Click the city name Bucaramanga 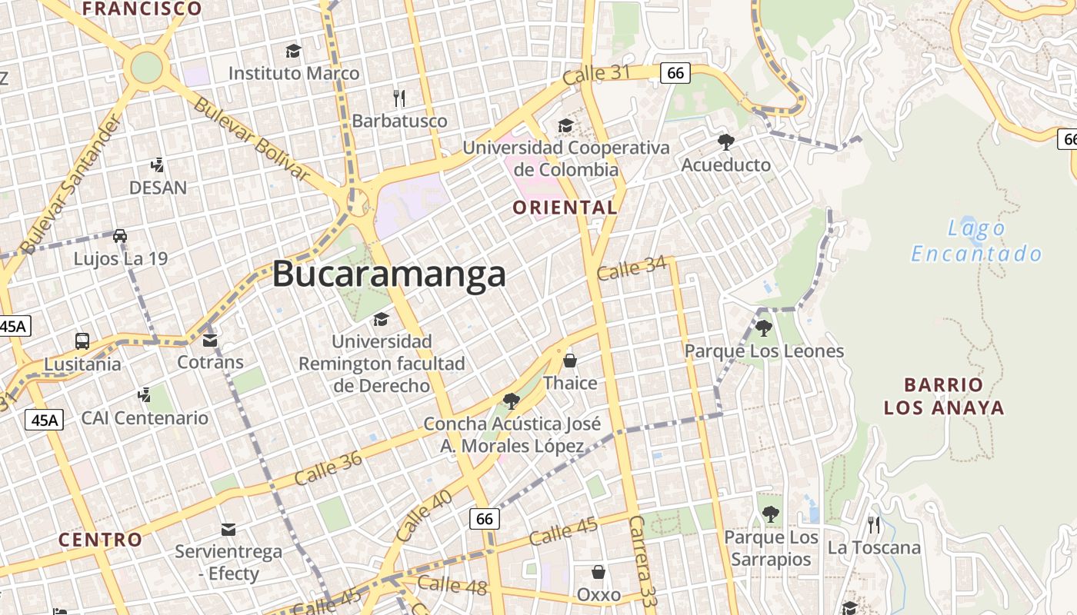click(x=389, y=274)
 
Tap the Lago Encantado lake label click(x=976, y=241)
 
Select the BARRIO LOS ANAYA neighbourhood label click(x=944, y=396)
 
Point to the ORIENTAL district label click(x=565, y=208)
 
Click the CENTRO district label click(x=101, y=540)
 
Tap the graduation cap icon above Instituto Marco click(x=293, y=52)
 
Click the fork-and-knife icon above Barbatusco click(x=398, y=98)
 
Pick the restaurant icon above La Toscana click(x=874, y=525)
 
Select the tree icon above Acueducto click(x=725, y=142)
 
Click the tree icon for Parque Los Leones click(x=763, y=329)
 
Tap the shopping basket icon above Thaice click(x=570, y=360)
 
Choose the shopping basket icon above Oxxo click(x=598, y=572)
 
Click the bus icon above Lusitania click(x=82, y=341)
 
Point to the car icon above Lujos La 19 click(x=120, y=236)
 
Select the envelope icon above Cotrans click(x=210, y=340)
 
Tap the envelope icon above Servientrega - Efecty click(x=228, y=529)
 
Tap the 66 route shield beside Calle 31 click(x=675, y=73)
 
